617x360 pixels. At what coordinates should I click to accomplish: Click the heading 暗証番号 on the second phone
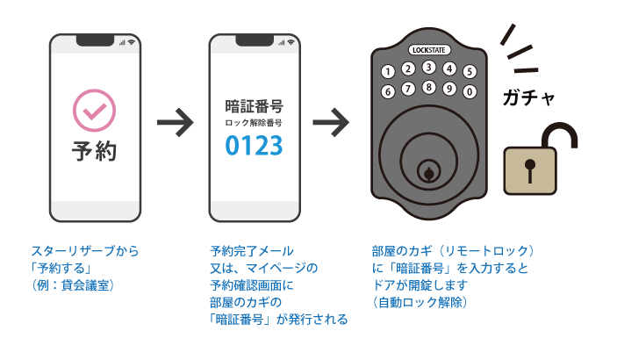point(254,107)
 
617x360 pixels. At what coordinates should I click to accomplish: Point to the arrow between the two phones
point(174,124)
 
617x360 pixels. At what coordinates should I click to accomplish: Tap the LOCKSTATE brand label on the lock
point(429,49)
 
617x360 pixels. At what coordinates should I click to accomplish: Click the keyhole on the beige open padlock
point(529,169)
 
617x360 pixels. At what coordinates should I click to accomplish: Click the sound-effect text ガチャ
point(529,97)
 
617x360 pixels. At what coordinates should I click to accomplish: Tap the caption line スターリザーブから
point(85,250)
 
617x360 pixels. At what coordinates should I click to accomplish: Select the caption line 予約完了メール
point(252,250)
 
